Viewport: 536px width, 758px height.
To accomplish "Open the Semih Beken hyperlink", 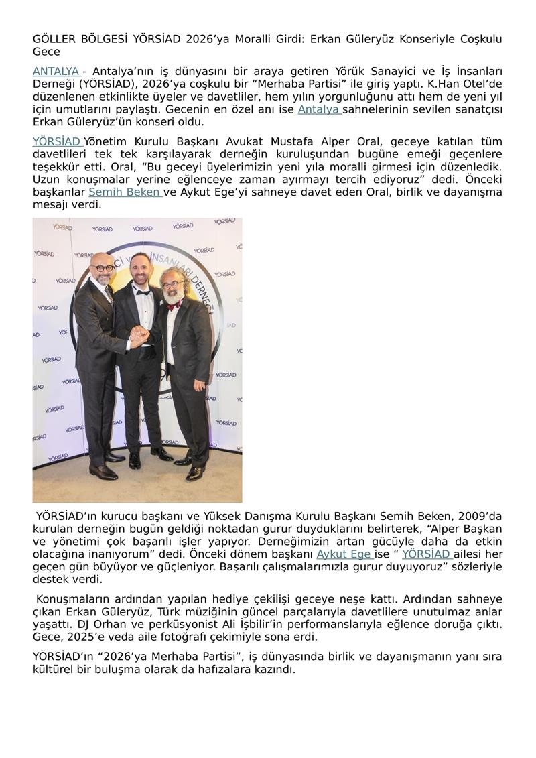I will tap(125, 192).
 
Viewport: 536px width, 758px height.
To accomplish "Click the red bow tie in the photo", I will tap(174, 305).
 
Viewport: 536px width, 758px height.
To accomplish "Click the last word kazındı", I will tap(274, 670).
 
